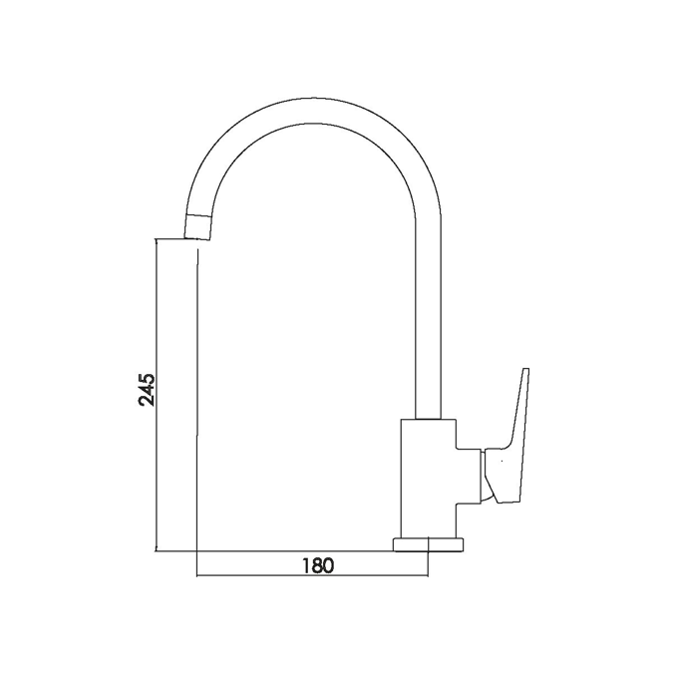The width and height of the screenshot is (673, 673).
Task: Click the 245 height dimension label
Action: tap(147, 390)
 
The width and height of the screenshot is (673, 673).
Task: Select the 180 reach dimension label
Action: tap(317, 564)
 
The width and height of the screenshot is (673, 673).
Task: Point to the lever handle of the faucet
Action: tap(511, 439)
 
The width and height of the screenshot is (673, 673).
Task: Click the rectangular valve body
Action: tap(427, 480)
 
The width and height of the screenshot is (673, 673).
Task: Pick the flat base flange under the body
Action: tap(429, 544)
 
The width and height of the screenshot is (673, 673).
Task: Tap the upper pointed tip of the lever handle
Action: tap(525, 371)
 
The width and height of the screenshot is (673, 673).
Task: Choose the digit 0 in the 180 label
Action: tap(328, 564)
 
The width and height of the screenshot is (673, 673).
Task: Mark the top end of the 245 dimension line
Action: tap(158, 238)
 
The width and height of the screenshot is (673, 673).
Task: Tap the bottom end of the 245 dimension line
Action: tap(158, 550)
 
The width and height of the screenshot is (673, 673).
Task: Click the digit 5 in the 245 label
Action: tap(147, 379)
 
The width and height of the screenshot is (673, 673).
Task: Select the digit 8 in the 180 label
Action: tap(316, 564)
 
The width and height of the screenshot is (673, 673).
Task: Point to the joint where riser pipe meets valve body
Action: tap(428, 420)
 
